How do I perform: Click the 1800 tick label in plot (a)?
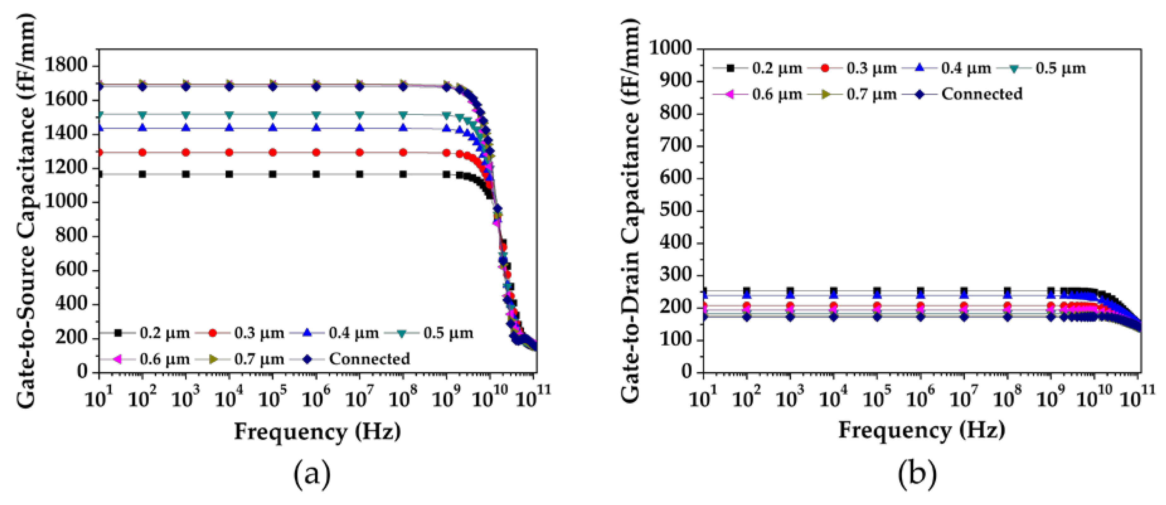pos(66,65)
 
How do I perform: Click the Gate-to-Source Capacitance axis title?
pos(26,210)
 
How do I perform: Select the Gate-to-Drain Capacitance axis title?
pos(630,210)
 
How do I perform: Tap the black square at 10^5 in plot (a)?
pos(273,174)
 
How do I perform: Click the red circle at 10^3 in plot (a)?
pos(186,152)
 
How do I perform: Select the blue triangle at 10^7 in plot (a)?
pos(360,128)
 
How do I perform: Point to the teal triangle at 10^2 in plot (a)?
pos(142,114)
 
